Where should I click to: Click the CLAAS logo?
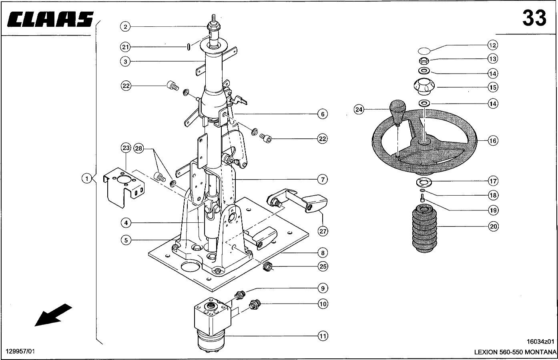pos(50,19)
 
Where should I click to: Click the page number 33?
pos(534,18)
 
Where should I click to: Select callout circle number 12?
pos(492,45)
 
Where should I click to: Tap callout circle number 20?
pos(493,226)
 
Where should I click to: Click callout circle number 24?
pos(359,110)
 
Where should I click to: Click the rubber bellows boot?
pos(425,228)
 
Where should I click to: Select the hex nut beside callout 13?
pos(424,60)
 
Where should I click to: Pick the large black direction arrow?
pos(53,315)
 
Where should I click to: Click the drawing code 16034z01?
pos(540,342)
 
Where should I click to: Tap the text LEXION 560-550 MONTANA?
pos(515,352)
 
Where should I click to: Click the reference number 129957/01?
pos(20,351)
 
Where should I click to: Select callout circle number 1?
pos(87,178)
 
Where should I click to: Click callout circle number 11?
pos(323,336)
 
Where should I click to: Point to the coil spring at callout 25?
pos(267,267)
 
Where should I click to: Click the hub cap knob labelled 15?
pos(424,86)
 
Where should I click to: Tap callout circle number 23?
pos(126,148)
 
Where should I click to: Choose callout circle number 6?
pos(323,114)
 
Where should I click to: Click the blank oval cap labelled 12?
pos(424,51)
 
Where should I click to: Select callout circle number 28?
pos(138,149)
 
